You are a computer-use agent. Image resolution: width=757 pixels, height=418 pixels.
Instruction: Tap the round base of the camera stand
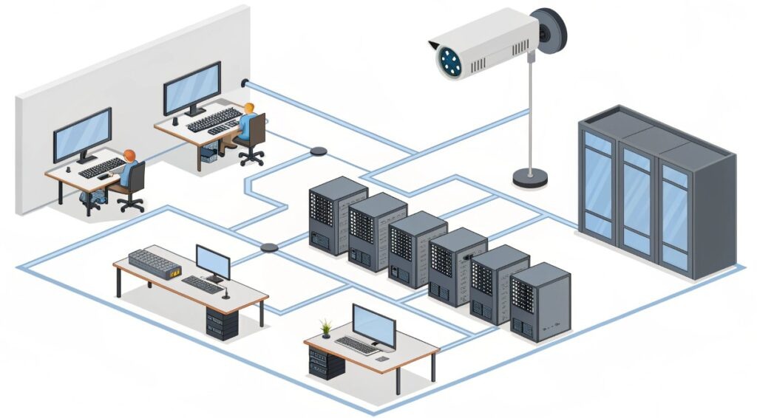tap(530, 177)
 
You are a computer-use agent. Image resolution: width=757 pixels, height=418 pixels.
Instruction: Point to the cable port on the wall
tap(245, 83)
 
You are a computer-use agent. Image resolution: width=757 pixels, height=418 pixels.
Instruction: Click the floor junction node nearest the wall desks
tap(319, 151)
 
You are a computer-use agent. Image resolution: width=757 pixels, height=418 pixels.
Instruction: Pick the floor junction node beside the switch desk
tap(269, 247)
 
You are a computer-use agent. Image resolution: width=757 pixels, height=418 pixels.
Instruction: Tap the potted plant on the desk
tap(325, 327)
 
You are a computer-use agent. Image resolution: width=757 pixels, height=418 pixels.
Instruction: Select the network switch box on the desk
tap(155, 264)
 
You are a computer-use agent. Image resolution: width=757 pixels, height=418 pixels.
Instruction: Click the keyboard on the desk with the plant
tap(356, 344)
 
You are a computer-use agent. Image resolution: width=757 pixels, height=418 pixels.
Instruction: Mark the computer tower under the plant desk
tap(326, 363)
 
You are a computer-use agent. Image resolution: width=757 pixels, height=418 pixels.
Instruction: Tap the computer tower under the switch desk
tap(223, 323)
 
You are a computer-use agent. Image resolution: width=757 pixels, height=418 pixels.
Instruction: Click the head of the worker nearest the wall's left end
tap(130, 156)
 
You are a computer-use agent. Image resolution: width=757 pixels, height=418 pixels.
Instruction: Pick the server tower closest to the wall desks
tap(337, 215)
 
